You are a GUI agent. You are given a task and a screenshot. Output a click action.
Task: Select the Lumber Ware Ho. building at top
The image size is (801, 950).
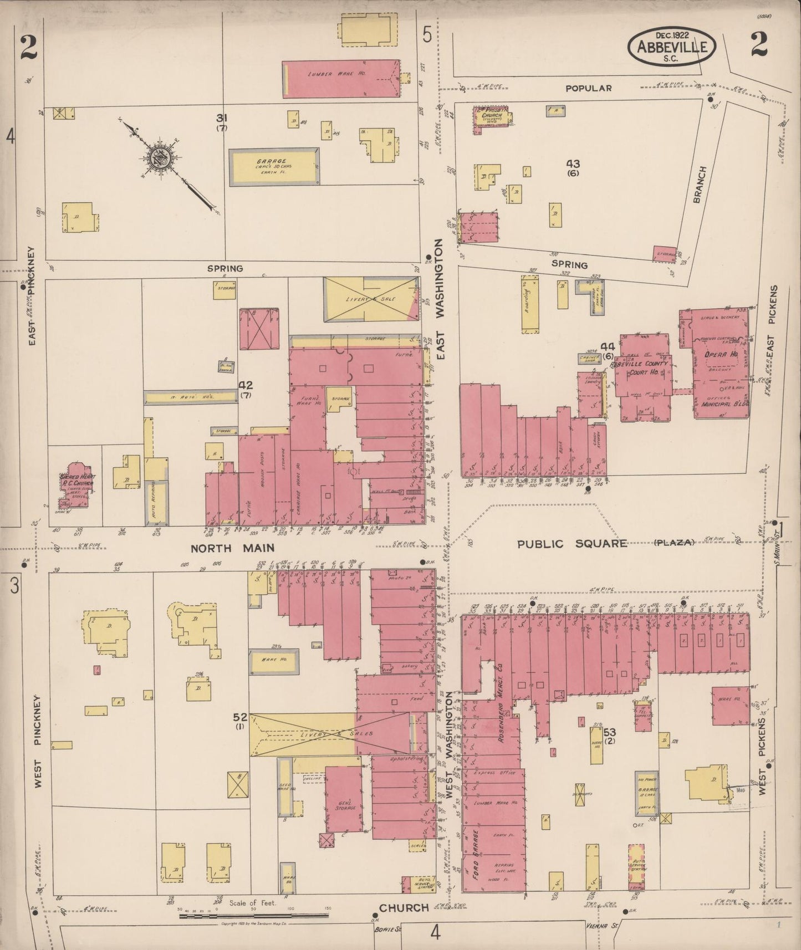(x=341, y=78)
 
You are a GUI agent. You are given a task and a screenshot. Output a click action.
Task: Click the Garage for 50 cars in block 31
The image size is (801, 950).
(x=274, y=166)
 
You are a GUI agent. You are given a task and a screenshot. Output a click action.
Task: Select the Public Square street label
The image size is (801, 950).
(x=572, y=544)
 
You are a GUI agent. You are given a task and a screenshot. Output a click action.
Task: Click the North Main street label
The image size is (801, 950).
(x=233, y=549)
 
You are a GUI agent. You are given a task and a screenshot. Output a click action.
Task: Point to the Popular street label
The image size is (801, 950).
(x=588, y=88)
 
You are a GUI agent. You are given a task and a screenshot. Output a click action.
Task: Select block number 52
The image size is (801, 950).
(x=240, y=717)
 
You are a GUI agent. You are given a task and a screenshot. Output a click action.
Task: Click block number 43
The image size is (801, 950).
(x=573, y=164)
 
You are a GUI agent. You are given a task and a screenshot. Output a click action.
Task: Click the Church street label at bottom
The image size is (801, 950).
(x=404, y=908)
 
